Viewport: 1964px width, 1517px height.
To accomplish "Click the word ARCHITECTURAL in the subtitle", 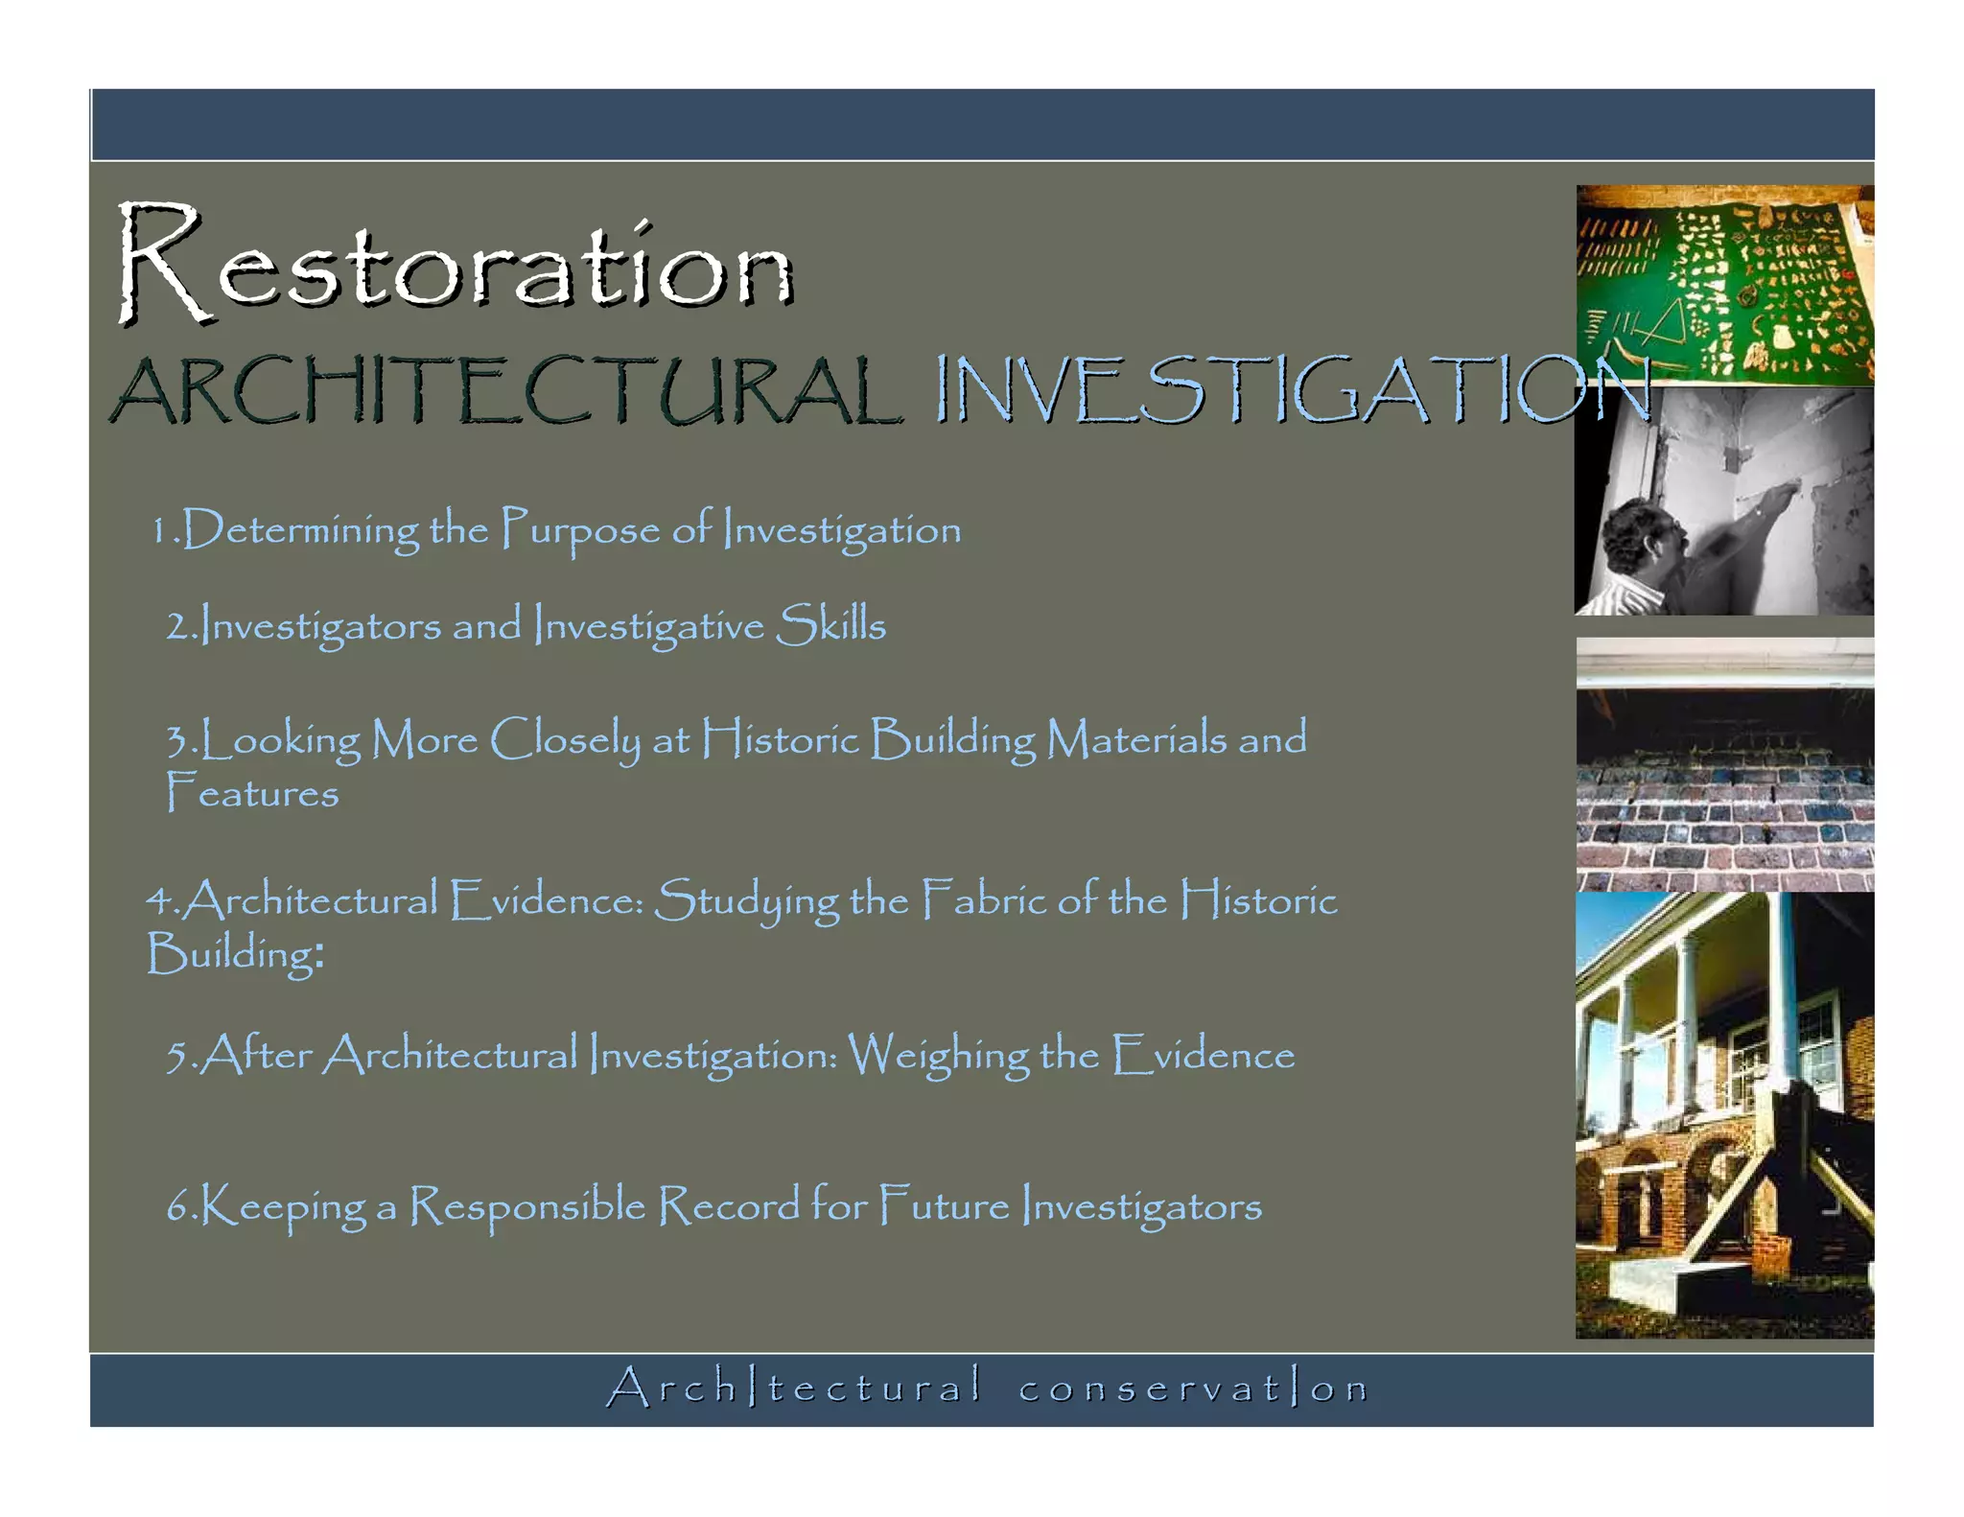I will coord(506,390).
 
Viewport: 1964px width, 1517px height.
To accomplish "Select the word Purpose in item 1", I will coord(580,530).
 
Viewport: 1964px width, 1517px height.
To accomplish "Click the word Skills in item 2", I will coord(830,625).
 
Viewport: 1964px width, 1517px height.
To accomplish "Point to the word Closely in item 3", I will coord(565,740).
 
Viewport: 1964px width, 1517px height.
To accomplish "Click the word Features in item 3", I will coord(252,794).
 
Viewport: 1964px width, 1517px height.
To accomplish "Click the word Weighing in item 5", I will coord(938,1056).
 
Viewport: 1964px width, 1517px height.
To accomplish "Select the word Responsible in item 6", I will coord(527,1206).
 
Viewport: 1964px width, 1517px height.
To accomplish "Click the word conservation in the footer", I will coord(1194,1389).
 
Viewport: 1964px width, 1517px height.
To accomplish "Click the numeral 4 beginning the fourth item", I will coord(158,901).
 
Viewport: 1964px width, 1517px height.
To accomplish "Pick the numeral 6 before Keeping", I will coord(177,1207).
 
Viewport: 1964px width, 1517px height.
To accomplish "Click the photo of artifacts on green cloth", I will coord(1723,285).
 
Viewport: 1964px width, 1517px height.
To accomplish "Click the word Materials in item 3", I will coord(1136,740).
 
